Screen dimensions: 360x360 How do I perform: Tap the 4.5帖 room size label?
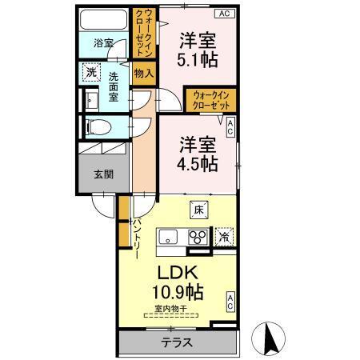(197, 163)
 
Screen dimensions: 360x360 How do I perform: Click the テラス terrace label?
(176, 343)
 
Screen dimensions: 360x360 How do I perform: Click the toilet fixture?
(94, 126)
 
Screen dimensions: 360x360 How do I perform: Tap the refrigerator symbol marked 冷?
(224, 237)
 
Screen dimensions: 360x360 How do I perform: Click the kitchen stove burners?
(196, 237)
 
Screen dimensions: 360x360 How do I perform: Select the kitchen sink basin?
(170, 237)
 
